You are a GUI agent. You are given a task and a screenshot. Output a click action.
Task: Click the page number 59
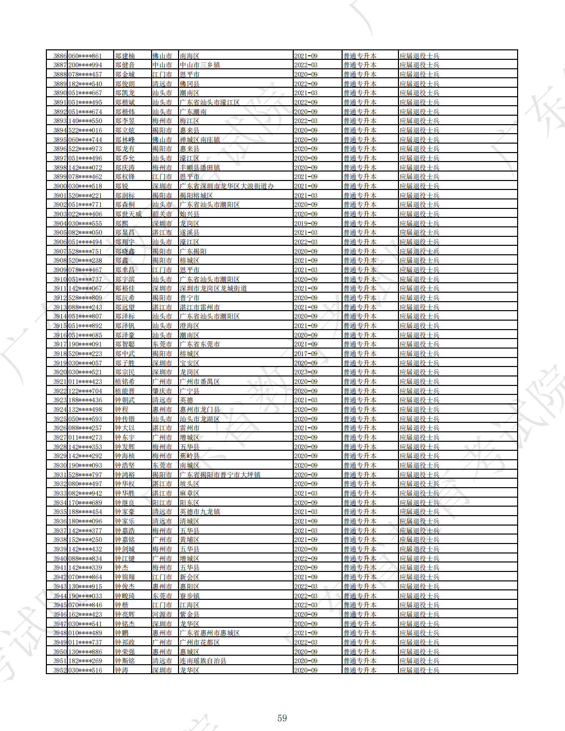click(x=282, y=718)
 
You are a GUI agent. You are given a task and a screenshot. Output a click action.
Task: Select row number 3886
click(x=60, y=56)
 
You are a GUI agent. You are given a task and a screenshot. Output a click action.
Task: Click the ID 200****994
click(x=85, y=65)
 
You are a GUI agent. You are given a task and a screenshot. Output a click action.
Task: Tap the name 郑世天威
click(x=128, y=214)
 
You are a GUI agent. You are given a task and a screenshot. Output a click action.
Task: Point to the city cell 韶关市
click(x=162, y=214)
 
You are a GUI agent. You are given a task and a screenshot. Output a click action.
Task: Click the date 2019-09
click(x=306, y=223)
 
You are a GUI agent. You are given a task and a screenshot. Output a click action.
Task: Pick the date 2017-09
click(x=306, y=354)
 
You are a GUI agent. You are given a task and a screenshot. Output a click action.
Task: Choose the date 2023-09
click(x=306, y=372)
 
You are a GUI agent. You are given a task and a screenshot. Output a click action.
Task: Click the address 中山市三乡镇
click(x=199, y=65)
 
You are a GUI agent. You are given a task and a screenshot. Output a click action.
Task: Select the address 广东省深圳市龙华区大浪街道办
click(x=227, y=186)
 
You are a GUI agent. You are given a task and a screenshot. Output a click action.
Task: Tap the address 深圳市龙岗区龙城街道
click(x=213, y=288)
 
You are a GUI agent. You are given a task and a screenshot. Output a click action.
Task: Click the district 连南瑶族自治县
click(x=203, y=661)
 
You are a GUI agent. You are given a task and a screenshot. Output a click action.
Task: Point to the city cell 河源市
click(x=162, y=614)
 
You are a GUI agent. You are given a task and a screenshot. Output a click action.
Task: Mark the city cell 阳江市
click(x=162, y=503)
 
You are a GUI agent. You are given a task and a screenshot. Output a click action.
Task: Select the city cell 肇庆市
click(x=162, y=391)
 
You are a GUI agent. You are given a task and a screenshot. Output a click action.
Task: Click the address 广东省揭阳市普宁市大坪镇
click(x=220, y=475)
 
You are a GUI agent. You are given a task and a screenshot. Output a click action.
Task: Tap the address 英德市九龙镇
click(x=199, y=512)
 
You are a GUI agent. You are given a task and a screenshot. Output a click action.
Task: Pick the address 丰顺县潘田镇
click(x=199, y=168)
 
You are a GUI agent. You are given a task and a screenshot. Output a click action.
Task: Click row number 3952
click(x=60, y=670)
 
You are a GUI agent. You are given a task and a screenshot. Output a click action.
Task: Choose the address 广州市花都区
click(x=199, y=642)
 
